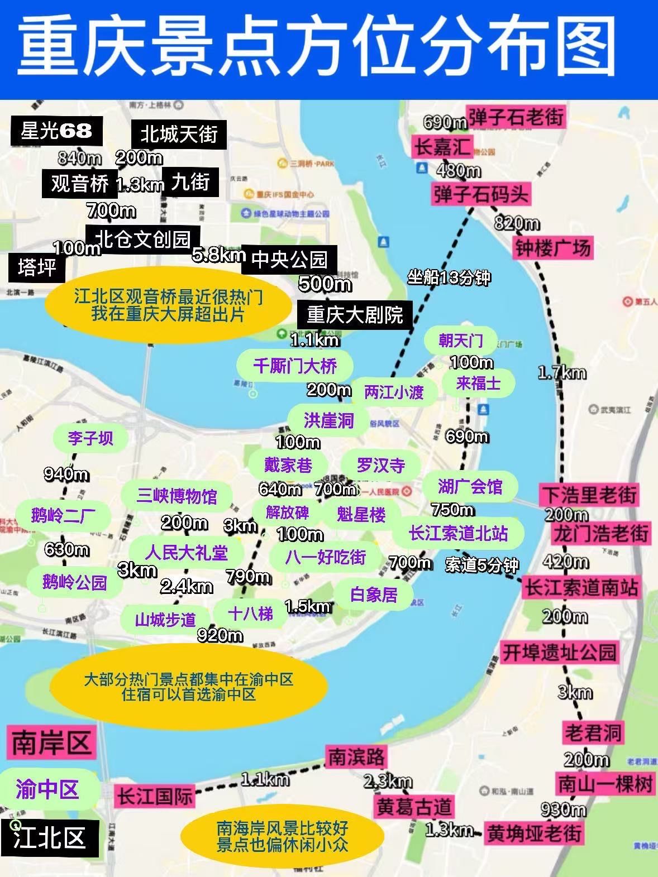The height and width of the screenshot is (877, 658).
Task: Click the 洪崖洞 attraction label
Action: pos(328,420)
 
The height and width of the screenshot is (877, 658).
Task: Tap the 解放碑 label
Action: pos(287,512)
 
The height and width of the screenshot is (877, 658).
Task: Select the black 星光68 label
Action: pos(56,131)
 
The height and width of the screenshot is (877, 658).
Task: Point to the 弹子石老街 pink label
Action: pos(516,117)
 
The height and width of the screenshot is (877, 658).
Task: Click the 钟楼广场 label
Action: pos(552,248)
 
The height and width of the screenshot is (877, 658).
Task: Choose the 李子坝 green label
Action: pos(90,438)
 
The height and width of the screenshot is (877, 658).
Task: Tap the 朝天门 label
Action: pos(460,340)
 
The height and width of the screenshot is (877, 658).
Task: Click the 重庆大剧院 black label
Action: pos(355,315)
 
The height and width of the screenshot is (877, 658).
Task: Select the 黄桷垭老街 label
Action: pos(534,833)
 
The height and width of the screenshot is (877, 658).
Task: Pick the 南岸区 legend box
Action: pos(51,743)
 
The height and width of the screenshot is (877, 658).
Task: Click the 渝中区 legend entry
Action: pos(47,789)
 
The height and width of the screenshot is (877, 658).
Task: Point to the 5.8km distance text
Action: pos(218,255)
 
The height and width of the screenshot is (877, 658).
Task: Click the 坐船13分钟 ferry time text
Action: pos(449,277)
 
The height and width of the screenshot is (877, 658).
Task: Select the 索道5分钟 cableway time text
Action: pos(481,565)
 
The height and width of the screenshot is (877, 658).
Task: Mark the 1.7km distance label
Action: pos(562,373)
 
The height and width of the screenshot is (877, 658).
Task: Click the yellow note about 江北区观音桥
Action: pos(168,305)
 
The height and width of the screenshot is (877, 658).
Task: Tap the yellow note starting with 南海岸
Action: pos(282,836)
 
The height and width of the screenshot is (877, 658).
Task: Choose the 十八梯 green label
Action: pos(250,614)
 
